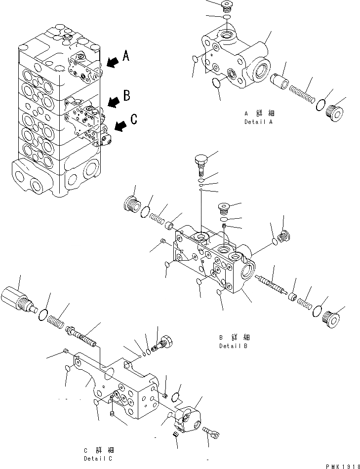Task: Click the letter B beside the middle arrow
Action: (126, 96)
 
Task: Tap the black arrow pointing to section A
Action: (112, 62)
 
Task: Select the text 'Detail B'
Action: (234, 346)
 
